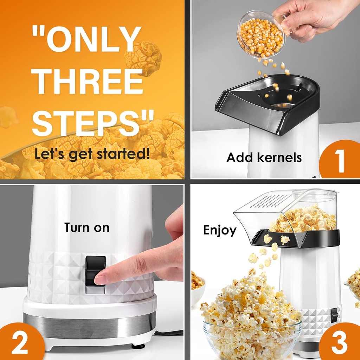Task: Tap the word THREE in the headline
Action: [88, 82]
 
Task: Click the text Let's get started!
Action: [92, 154]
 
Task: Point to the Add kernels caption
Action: [264, 157]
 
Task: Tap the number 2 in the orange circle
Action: [20, 342]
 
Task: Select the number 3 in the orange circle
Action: [339, 342]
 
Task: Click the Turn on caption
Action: [87, 227]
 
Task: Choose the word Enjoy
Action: [220, 230]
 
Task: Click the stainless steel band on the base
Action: [88, 323]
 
